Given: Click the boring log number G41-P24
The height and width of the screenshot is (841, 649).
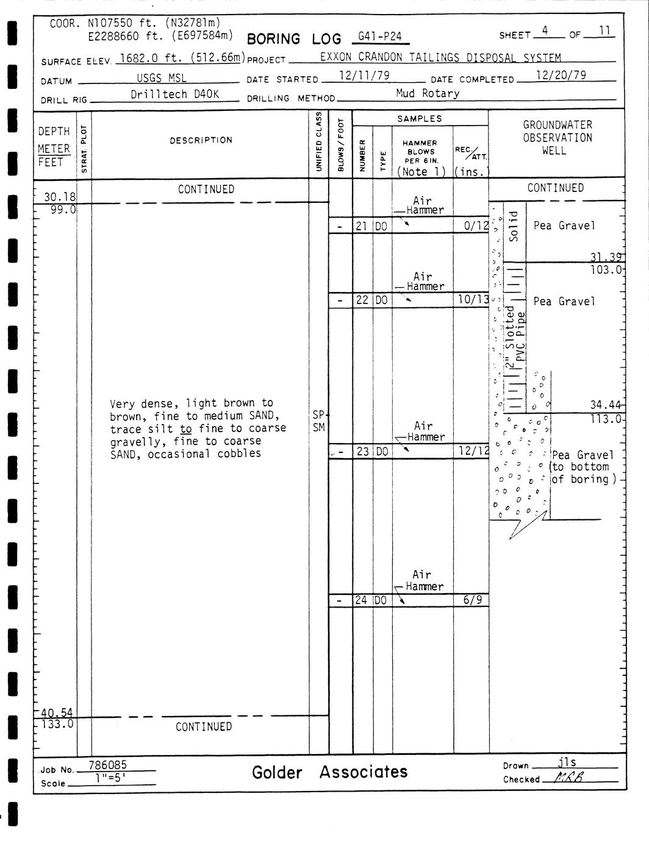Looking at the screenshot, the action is [379, 37].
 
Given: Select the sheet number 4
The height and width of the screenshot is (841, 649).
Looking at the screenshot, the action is [545, 31].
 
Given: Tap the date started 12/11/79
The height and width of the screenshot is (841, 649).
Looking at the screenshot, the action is [364, 76].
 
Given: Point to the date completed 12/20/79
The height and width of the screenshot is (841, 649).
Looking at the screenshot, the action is [561, 75].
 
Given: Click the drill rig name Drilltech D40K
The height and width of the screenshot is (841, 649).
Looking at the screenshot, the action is [174, 94].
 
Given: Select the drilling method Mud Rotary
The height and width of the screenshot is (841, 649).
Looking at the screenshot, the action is [428, 93].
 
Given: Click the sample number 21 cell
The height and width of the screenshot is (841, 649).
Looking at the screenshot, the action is [362, 226].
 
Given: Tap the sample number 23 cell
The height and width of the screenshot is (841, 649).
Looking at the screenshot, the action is [363, 451].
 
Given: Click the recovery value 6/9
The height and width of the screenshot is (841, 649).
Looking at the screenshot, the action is [473, 600].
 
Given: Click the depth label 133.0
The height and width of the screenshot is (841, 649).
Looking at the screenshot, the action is [57, 724].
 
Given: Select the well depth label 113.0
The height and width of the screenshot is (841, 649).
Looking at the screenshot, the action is [606, 419].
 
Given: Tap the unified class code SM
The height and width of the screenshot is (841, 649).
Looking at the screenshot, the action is [318, 428].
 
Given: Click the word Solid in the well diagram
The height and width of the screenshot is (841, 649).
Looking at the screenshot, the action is [514, 227].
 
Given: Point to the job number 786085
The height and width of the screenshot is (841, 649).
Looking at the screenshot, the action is [107, 765].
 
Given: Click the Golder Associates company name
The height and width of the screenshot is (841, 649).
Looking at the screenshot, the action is [329, 773].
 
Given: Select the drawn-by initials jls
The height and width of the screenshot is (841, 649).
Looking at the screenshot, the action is [567, 762].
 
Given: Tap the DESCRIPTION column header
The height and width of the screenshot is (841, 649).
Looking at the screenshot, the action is [201, 140].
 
